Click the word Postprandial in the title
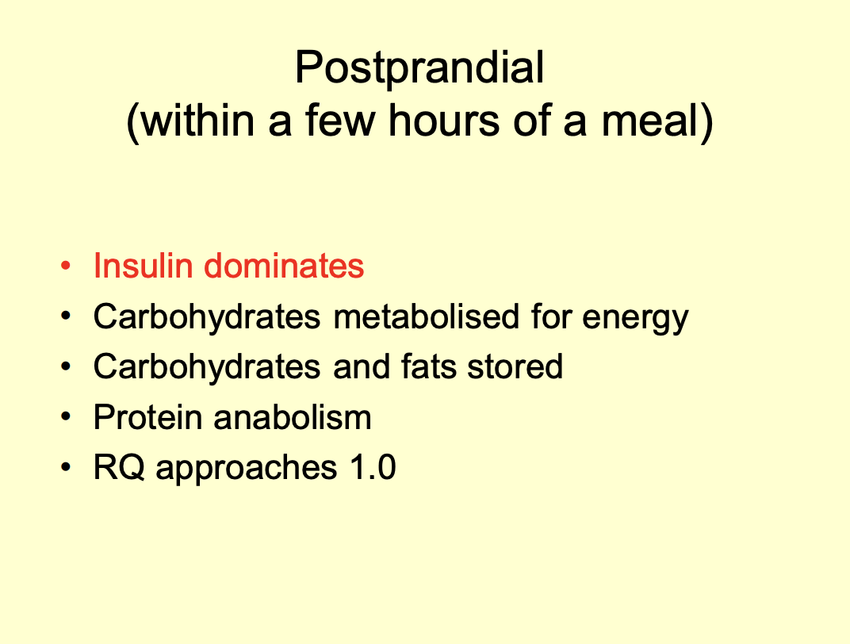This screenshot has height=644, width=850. (419, 69)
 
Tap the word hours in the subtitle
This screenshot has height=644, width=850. (434, 123)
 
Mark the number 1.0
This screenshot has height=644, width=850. (370, 468)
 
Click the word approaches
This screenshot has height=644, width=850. (245, 470)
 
